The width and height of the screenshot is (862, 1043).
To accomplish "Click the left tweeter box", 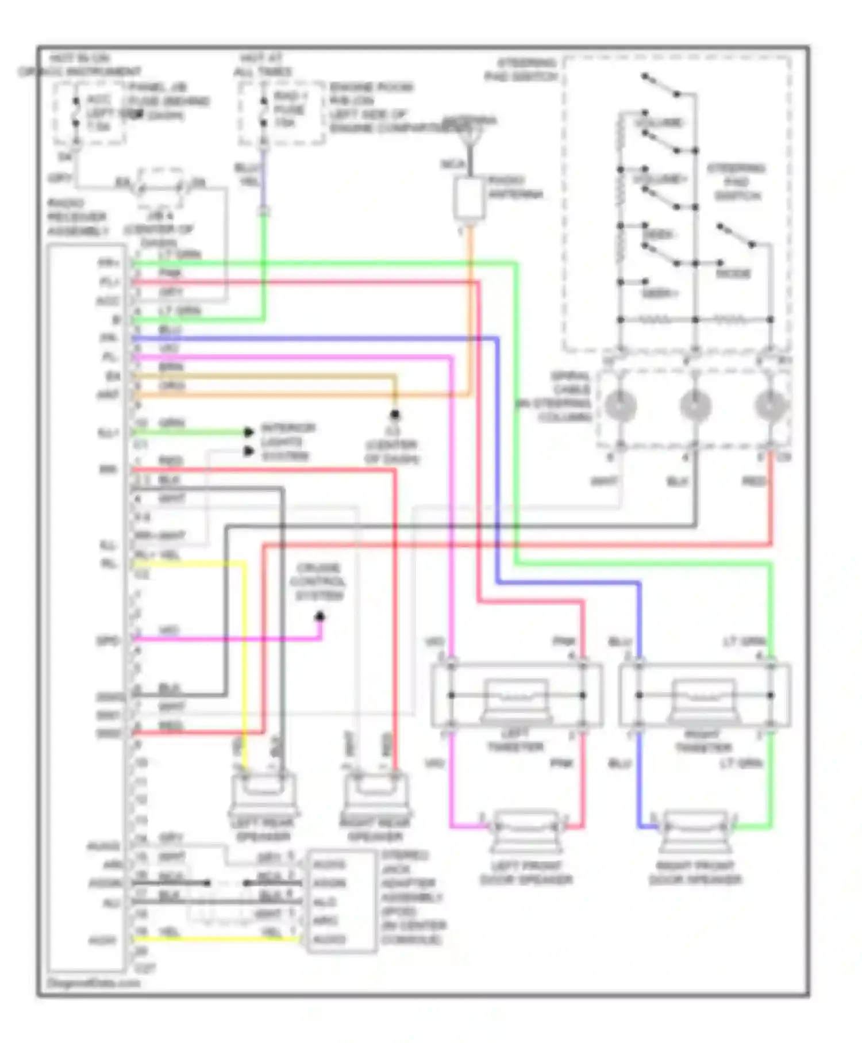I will (516, 696).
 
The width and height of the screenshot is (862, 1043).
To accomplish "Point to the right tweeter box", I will (704, 696).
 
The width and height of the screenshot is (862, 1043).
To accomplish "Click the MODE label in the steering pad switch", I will (733, 274).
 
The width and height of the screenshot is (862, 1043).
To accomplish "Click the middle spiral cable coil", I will (695, 405).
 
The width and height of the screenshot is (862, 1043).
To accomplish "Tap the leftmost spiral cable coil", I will (620, 405).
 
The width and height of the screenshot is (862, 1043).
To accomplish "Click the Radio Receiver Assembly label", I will (77, 217).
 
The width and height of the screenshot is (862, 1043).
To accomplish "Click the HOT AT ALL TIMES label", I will (261, 65).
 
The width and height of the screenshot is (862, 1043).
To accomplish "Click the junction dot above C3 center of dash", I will (395, 414).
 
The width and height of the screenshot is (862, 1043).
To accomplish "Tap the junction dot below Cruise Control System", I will (320, 617).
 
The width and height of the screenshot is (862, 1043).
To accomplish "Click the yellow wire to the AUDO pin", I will (218, 939).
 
